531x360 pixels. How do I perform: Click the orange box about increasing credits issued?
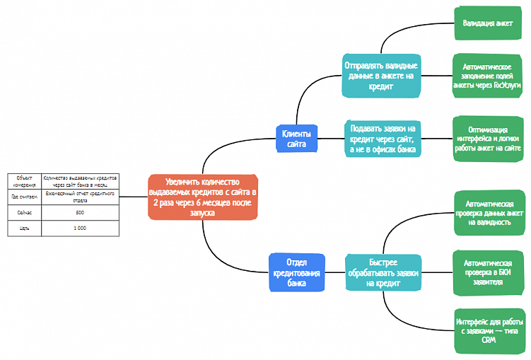(203, 195)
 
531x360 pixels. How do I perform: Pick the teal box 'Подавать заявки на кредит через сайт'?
(381, 139)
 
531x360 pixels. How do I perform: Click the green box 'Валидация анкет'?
(488, 23)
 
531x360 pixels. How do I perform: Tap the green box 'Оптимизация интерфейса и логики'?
(488, 139)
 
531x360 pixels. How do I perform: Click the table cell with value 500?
(80, 212)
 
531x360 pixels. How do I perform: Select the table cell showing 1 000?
(80, 228)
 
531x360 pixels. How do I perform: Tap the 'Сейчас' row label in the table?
(25, 212)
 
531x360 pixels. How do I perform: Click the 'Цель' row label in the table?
(25, 228)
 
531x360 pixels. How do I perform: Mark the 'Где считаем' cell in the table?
(25, 196)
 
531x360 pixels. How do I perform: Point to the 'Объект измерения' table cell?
(25, 180)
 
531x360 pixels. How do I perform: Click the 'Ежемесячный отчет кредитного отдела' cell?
(80, 196)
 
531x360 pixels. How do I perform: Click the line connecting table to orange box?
(134, 196)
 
